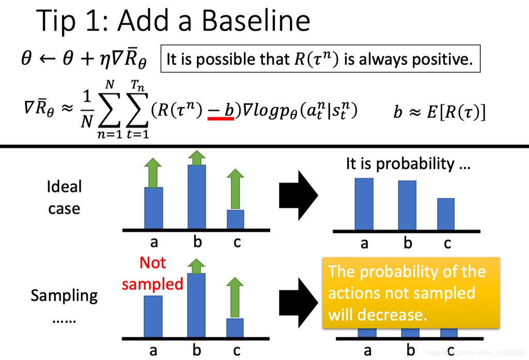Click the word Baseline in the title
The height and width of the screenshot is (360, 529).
tap(256, 21)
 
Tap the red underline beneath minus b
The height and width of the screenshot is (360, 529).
tap(221, 118)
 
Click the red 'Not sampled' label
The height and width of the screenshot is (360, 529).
tap(152, 273)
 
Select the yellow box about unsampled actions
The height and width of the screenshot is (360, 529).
tap(411, 293)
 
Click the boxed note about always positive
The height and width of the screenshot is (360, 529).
tap(320, 59)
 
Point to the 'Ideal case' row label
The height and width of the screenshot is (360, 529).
tap(64, 197)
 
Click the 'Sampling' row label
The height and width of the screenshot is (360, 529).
tap(64, 295)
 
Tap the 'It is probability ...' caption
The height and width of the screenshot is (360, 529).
tap(408, 164)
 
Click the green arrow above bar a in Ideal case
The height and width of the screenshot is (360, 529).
tap(153, 173)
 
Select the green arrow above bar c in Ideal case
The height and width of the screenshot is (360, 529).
tap(235, 189)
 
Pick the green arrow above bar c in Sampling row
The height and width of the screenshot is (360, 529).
tap(235, 298)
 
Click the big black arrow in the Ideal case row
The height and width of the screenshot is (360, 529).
tap(299, 195)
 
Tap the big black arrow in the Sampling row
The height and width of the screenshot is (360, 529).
tap(299, 303)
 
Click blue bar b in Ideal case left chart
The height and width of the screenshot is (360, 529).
tap(197, 197)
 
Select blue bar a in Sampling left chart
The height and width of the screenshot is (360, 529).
tap(153, 316)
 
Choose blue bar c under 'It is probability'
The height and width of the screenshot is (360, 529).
tap(446, 214)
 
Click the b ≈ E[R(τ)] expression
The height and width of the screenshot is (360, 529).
tap(440, 112)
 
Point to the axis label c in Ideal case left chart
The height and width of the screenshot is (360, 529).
tap(237, 242)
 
